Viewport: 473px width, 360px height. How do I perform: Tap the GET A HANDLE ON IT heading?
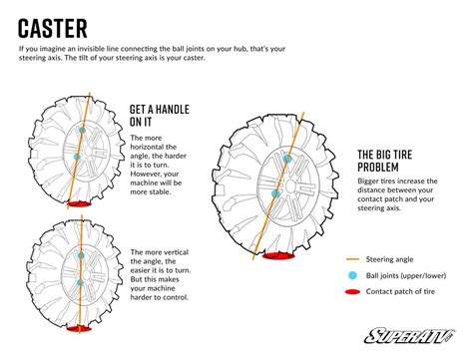[x=155, y=116]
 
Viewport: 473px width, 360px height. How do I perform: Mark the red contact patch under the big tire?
[x=275, y=255]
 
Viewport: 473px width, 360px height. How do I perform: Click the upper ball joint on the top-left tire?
[x=82, y=131]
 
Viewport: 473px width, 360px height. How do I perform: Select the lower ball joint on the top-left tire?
[x=78, y=157]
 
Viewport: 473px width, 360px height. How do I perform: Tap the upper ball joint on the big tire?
[x=287, y=159]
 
